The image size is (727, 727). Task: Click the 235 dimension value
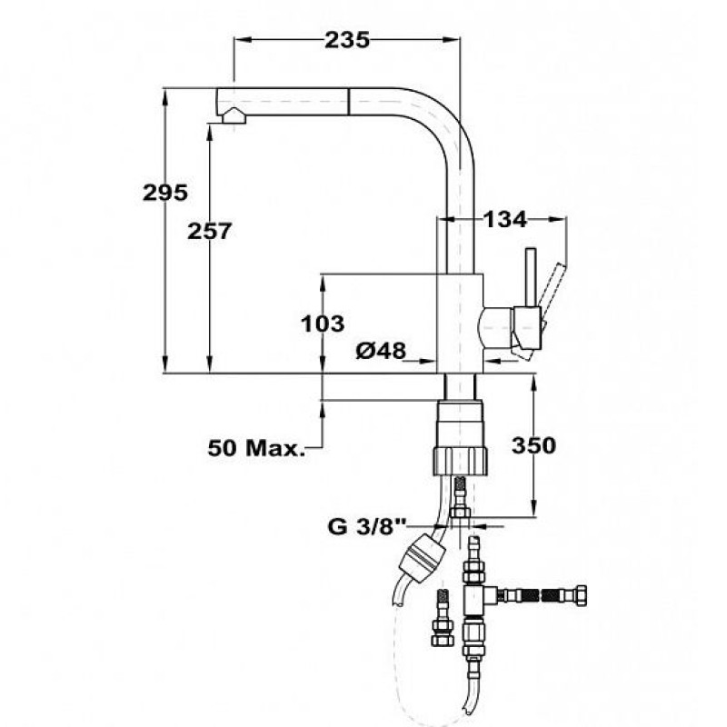347,40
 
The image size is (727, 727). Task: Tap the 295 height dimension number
165,193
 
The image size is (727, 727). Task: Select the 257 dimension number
209,231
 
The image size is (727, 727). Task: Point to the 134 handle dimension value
505,219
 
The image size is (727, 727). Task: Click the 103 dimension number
323,324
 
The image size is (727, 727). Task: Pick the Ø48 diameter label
381,350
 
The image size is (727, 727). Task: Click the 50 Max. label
256,448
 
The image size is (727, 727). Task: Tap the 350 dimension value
533,445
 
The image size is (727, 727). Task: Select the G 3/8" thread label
367,527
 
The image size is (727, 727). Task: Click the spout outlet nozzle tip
234,115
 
